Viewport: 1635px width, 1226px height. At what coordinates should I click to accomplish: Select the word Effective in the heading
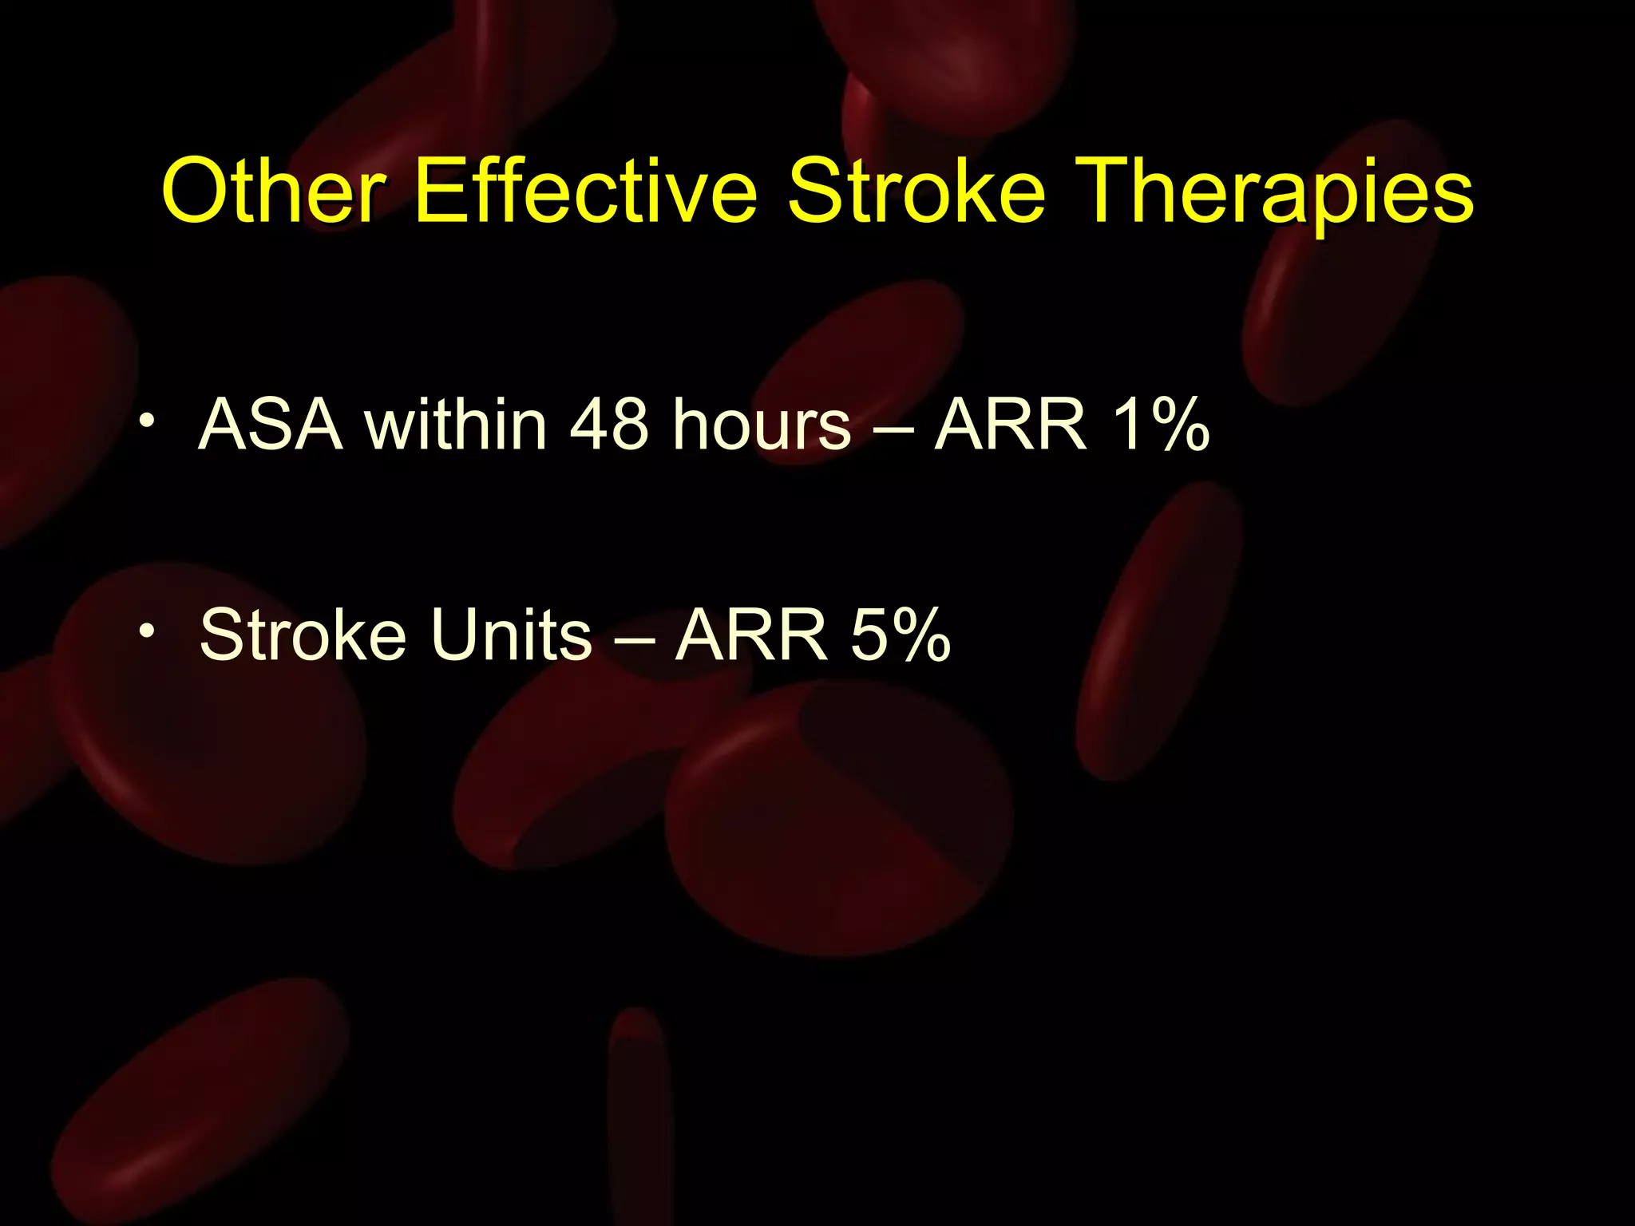tap(586, 192)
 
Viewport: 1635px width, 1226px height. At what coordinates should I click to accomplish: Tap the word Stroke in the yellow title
tap(916, 192)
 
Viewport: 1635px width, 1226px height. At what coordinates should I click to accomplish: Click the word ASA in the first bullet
tap(271, 425)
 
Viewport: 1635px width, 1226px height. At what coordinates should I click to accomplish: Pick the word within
tap(456, 425)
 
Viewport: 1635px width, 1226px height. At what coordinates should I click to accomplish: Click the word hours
tap(762, 425)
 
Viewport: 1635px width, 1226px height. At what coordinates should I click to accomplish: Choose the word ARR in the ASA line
tap(1011, 425)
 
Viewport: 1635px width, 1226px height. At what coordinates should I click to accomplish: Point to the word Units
tap(512, 635)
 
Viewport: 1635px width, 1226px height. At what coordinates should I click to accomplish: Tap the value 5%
tap(901, 635)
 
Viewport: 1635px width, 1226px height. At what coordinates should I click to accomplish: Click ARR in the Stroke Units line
tap(750, 635)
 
